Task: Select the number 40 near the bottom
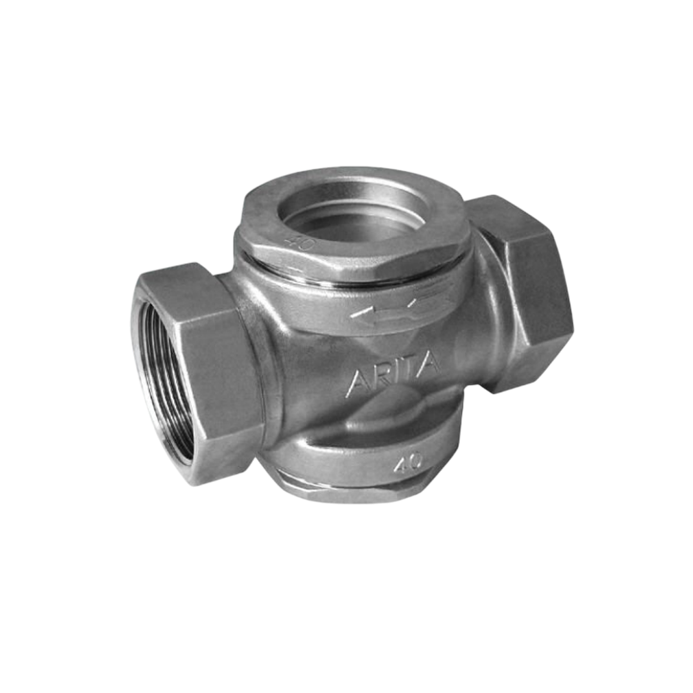click(408, 461)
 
